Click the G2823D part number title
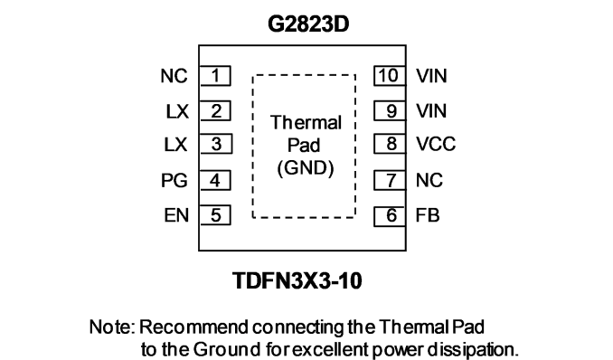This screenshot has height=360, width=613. point(308,24)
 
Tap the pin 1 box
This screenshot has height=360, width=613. point(215,75)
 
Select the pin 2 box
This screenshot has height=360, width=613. point(215,110)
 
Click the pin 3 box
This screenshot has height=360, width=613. point(216,144)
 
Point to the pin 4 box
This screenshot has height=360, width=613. point(215,180)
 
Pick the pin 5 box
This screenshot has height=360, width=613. point(215,215)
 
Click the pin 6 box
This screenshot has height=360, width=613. point(390,216)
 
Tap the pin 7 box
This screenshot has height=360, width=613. point(390,180)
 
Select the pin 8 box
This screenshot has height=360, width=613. point(390,144)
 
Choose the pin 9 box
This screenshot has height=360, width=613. point(390,110)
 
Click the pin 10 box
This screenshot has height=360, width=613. point(390,75)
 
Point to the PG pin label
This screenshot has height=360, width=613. point(174,181)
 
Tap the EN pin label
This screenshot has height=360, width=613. point(176,215)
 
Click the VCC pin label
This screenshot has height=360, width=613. point(436,144)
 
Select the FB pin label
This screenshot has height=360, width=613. point(428,215)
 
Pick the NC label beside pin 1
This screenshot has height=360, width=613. point(174,76)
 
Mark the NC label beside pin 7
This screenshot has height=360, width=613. point(429,180)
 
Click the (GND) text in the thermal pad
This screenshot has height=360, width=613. point(306,168)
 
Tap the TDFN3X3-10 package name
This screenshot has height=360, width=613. point(297,280)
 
